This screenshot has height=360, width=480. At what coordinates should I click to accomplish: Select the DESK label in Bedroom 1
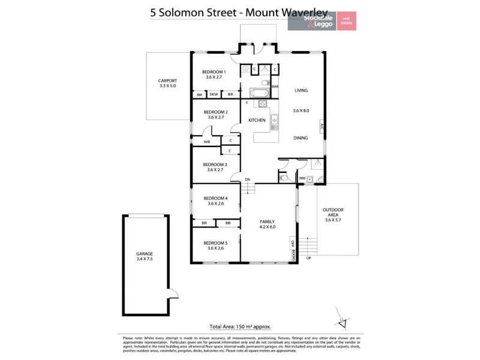click(214, 95)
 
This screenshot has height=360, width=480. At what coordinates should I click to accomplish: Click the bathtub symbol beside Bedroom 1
click(259, 93)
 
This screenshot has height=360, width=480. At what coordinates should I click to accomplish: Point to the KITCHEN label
click(257, 121)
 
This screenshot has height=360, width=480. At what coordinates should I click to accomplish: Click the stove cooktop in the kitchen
click(262, 104)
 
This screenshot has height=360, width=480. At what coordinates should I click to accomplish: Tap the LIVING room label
click(301, 91)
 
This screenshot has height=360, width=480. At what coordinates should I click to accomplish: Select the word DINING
click(301, 138)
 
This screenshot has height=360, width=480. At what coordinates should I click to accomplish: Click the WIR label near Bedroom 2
click(206, 142)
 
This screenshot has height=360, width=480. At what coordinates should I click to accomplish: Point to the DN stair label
click(247, 180)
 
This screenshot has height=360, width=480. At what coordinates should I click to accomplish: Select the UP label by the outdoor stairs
click(309, 257)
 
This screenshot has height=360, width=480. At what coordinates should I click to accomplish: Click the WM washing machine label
click(302, 178)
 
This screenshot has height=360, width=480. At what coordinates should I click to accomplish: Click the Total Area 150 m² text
click(240, 327)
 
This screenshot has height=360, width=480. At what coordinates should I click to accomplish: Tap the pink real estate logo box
click(346, 21)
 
